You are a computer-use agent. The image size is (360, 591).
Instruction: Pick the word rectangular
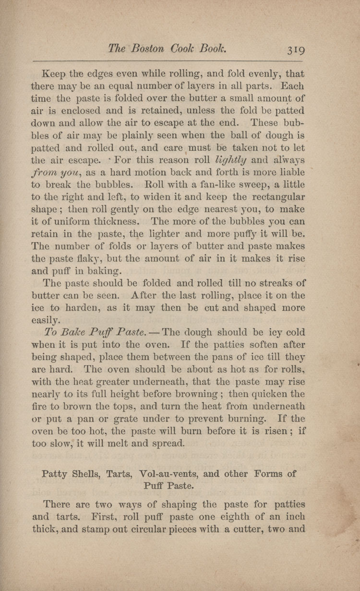pos(272,197)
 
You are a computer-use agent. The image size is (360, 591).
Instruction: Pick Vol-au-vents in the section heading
pos(167,474)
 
